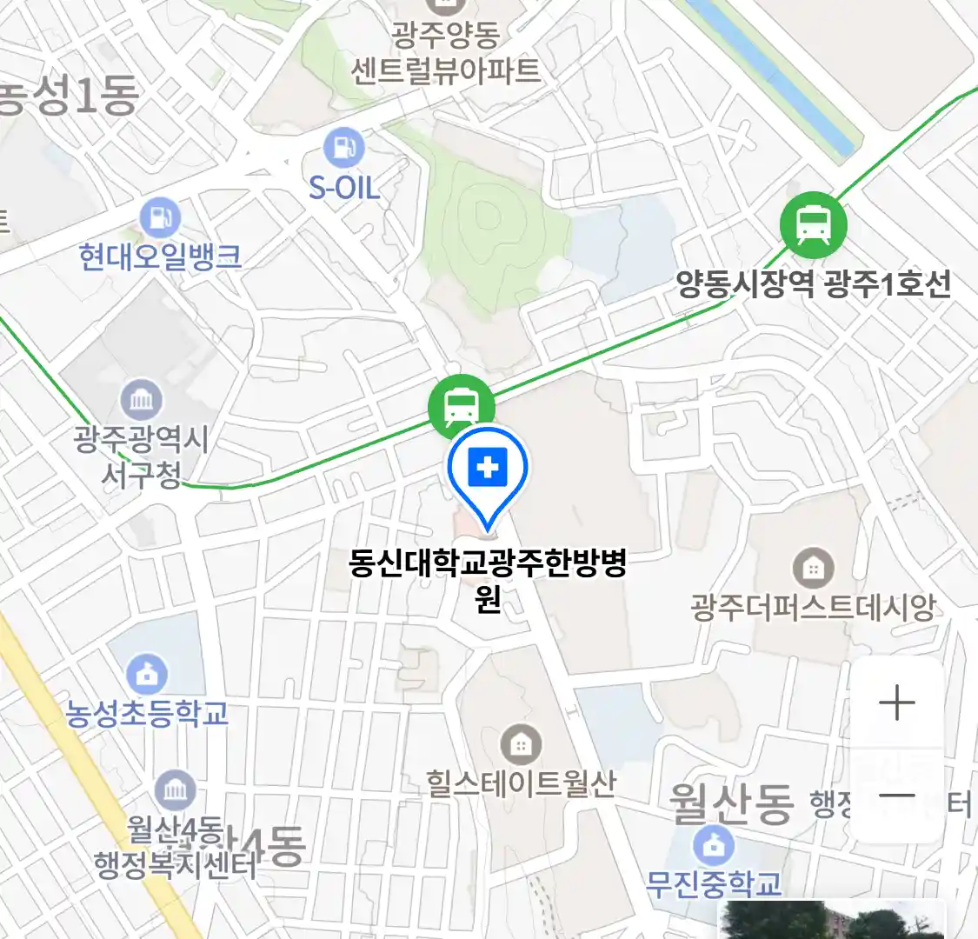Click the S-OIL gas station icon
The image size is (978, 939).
[x=344, y=148]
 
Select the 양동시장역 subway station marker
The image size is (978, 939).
[x=813, y=225]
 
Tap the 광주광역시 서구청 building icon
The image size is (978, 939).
[x=142, y=401]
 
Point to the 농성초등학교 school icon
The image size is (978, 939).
[x=147, y=674]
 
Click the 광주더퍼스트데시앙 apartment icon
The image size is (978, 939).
[x=813, y=569]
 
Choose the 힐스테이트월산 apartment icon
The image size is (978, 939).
[x=520, y=744]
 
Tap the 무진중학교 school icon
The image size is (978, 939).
[x=714, y=845]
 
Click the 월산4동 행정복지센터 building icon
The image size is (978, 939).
[x=176, y=790]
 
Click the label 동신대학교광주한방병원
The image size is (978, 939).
[x=488, y=578]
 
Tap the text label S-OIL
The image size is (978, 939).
[x=344, y=187]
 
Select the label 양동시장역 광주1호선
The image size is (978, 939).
[x=814, y=284]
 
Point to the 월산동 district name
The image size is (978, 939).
[x=731, y=803]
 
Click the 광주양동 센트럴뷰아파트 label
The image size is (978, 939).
[x=445, y=53]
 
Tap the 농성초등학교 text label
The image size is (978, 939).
[x=147, y=713]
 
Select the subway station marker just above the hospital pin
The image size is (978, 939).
[x=461, y=403]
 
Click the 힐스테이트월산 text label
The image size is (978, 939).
[x=521, y=783]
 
